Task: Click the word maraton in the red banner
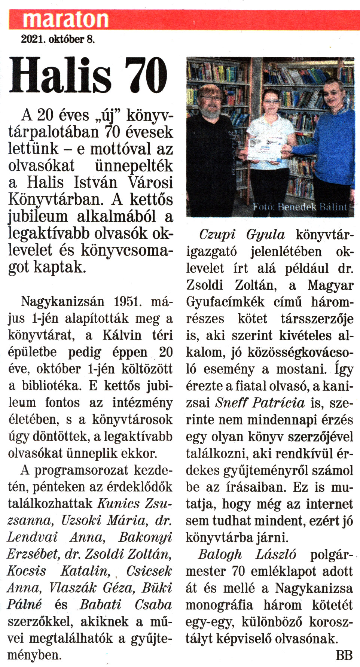[x=65, y=19]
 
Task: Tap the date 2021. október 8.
[x=58, y=39]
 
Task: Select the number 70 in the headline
[x=146, y=76]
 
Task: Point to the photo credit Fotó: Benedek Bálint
[x=300, y=207]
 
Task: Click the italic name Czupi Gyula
[x=242, y=235]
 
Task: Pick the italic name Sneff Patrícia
[x=260, y=403]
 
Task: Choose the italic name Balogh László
[x=247, y=554]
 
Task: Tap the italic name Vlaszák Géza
[x=92, y=588]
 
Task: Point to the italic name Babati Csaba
[x=125, y=604]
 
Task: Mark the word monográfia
[x=219, y=605]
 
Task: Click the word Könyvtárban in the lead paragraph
[x=56, y=200]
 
